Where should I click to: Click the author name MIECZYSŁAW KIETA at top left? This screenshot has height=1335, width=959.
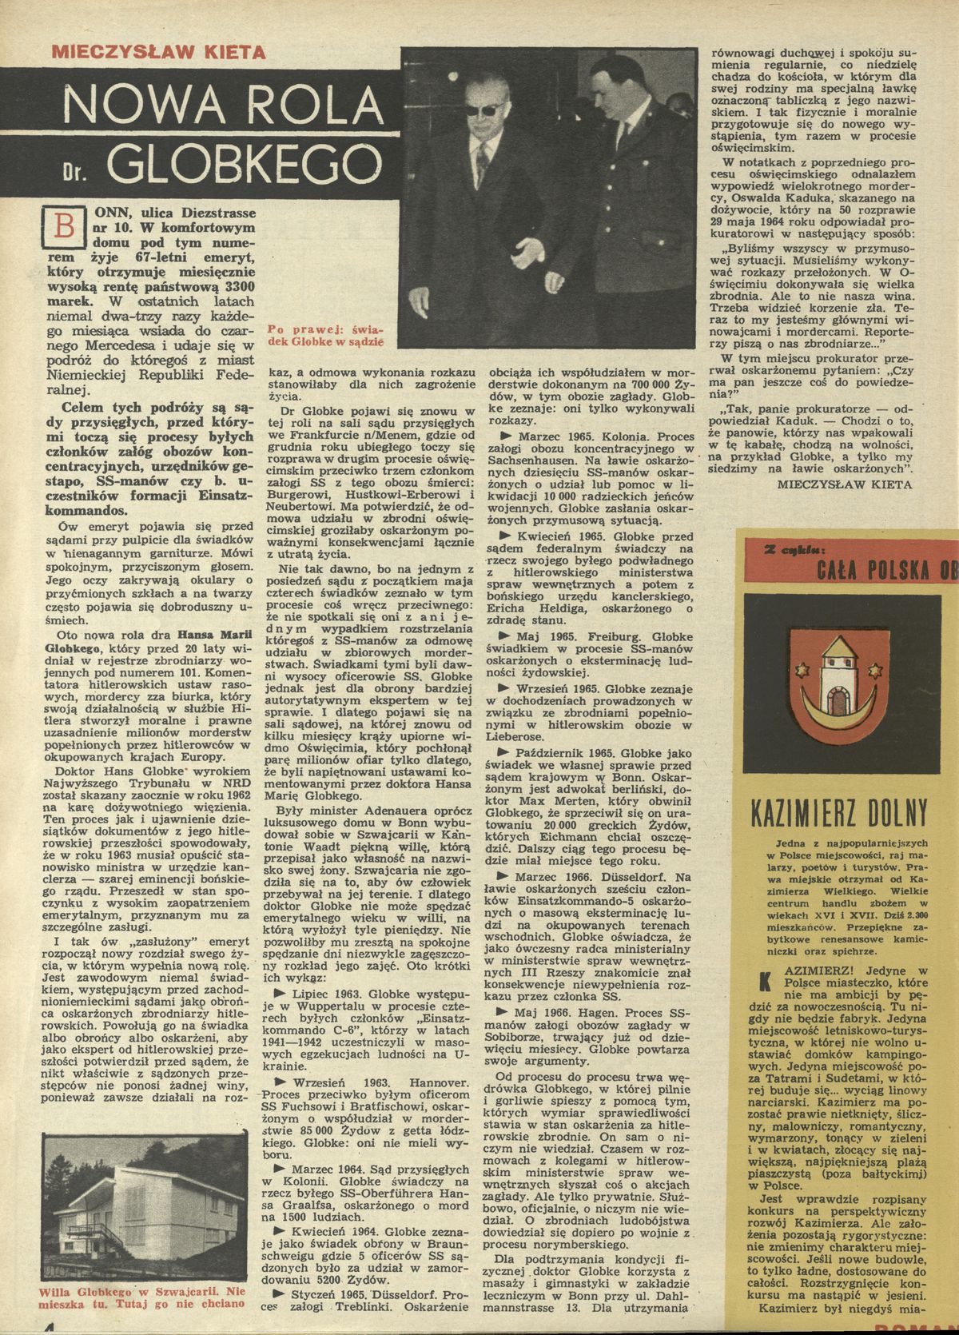[x=157, y=54]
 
